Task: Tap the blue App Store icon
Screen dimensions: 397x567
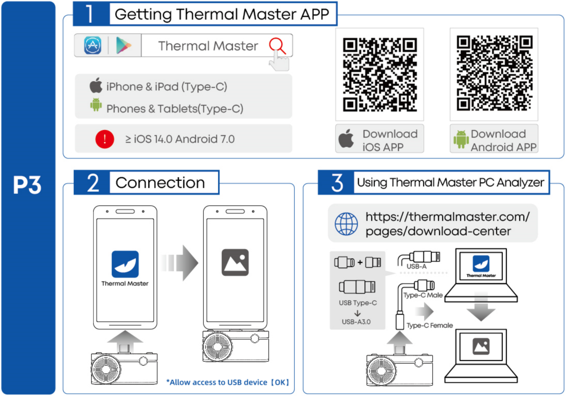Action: click(93, 46)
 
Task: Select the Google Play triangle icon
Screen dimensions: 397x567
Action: click(123, 46)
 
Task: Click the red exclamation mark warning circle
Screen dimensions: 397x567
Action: click(105, 139)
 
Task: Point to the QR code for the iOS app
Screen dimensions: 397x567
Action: click(380, 74)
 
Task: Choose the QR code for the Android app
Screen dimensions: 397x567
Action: click(494, 73)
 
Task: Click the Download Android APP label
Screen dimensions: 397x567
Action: click(494, 140)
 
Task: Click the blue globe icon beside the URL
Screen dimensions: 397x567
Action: click(346, 224)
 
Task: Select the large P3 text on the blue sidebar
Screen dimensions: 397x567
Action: click(27, 185)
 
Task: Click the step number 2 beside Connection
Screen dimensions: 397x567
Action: click(93, 183)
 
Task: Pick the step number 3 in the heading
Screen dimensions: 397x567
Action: click(337, 183)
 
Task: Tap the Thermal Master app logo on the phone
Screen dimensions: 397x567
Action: click(125, 264)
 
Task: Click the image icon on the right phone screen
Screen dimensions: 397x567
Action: click(235, 263)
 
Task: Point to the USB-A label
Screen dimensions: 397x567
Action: click(417, 266)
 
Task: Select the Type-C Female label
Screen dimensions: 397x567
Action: click(430, 325)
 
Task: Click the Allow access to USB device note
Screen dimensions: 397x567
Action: click(228, 382)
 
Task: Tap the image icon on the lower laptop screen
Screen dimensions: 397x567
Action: click(481, 346)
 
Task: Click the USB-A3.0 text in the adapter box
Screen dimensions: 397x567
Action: click(356, 322)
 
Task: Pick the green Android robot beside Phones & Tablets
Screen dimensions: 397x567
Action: click(96, 105)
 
